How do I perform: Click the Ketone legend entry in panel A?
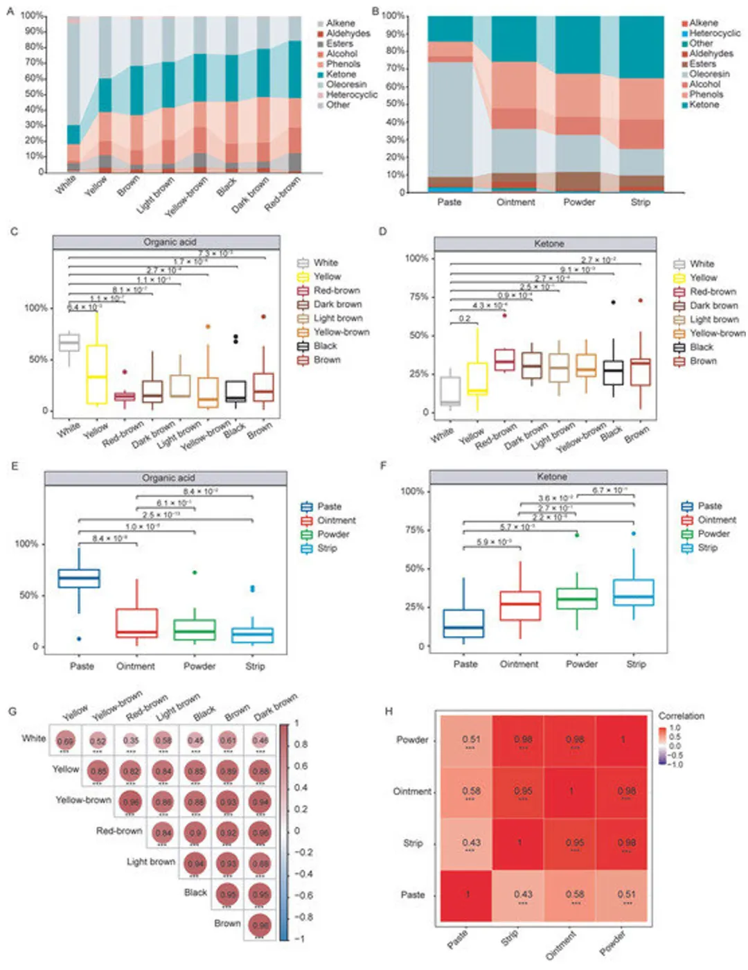tap(341, 74)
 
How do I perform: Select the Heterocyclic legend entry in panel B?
tap(714, 33)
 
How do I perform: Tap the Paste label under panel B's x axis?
tap(449, 202)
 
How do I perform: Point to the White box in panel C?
tap(69, 342)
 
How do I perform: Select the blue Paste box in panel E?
tap(79, 579)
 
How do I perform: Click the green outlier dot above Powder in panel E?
tap(195, 572)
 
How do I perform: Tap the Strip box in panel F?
tap(634, 592)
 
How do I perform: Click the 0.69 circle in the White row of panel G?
tap(65, 741)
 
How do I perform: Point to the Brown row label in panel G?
tap(227, 924)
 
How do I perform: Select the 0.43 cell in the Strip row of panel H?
tap(471, 843)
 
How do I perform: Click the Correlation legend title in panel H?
tap(681, 716)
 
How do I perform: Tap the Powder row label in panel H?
tap(412, 740)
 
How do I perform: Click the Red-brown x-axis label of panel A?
tap(283, 193)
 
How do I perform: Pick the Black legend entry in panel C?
tap(325, 346)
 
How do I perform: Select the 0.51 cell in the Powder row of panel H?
tap(471, 740)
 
